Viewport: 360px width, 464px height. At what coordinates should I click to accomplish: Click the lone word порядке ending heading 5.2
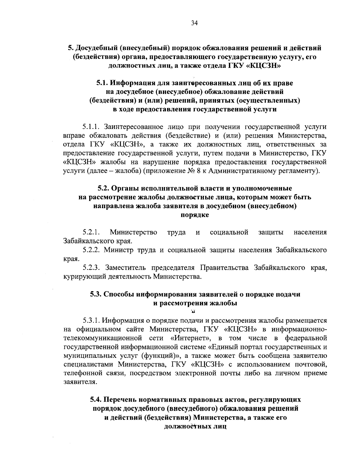click(x=195, y=215)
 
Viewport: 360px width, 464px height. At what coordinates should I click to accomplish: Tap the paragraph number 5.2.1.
click(x=91, y=232)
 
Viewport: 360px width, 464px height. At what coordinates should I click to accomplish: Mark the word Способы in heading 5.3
click(x=119, y=294)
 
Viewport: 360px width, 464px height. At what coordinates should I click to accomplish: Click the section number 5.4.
click(x=96, y=400)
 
